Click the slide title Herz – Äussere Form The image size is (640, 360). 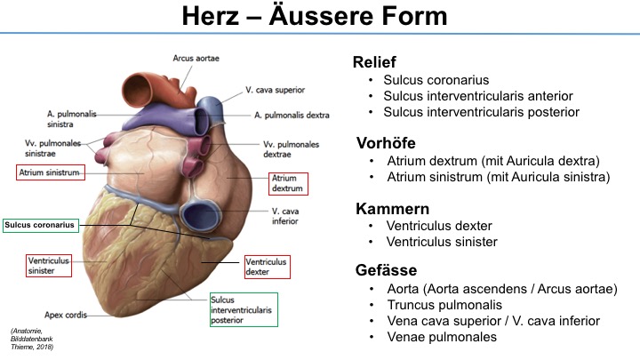coord(315,16)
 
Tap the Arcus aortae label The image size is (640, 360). coord(196,59)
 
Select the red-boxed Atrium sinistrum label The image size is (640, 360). coord(51,172)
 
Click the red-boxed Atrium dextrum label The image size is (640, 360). coord(288,183)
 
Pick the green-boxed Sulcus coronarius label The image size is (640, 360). coord(40,225)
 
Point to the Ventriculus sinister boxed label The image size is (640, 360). coord(49,265)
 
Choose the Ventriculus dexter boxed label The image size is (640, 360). coord(268,267)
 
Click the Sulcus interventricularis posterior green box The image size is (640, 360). coord(244,310)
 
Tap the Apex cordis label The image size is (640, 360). coord(66,315)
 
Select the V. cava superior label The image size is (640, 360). coord(275,90)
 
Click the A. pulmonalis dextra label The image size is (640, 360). coord(292,116)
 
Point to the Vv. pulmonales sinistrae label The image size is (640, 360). coord(52,148)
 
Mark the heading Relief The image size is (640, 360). coord(374,62)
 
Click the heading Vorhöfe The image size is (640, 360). coord(386,143)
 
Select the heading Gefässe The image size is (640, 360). coord(386,270)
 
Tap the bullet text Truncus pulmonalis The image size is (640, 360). coord(444,305)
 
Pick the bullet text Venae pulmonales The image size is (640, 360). coord(442,337)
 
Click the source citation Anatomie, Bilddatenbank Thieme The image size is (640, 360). coord(32,339)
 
